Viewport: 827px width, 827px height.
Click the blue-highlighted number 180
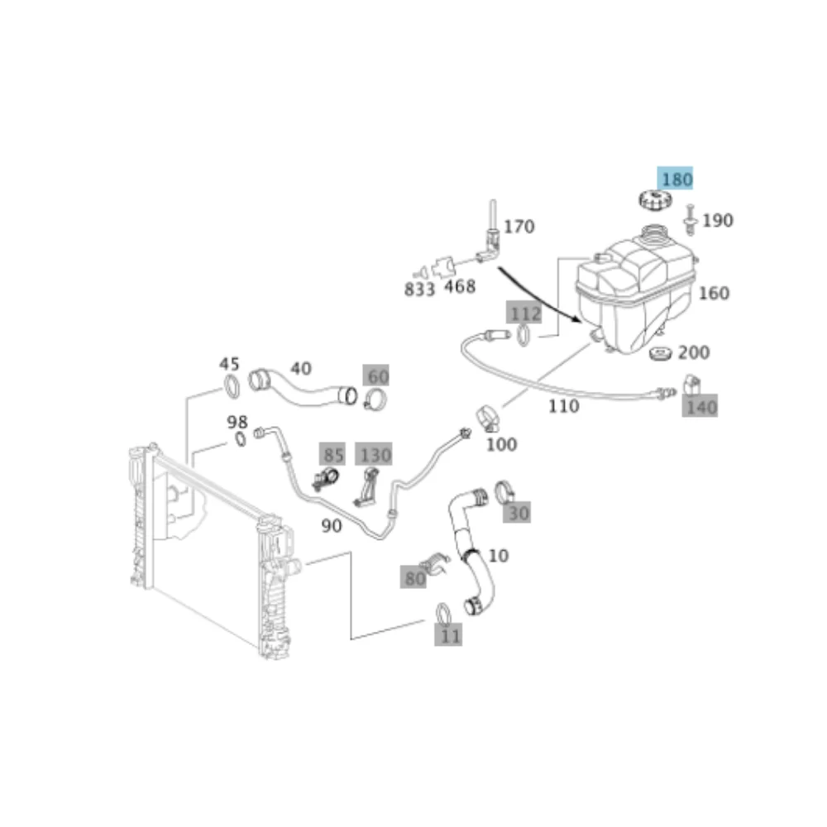click(675, 179)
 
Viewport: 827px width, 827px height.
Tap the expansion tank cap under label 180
click(655, 200)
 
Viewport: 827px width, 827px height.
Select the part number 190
click(717, 220)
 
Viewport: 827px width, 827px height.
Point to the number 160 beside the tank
click(714, 293)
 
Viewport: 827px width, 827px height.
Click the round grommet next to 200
click(661, 354)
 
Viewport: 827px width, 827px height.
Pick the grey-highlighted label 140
click(700, 406)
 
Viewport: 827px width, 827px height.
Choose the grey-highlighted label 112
click(523, 313)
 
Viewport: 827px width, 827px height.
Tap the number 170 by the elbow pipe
click(519, 227)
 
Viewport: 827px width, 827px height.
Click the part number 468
click(459, 286)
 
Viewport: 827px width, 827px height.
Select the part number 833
click(419, 289)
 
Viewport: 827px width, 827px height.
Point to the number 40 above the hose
click(301, 368)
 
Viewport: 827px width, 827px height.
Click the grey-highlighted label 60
click(376, 375)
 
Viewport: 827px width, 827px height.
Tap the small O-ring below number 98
click(240, 439)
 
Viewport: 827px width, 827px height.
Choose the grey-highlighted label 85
click(332, 454)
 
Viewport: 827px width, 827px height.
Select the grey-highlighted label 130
click(374, 454)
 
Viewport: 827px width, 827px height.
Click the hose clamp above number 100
click(489, 418)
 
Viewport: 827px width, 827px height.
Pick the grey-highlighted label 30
click(517, 512)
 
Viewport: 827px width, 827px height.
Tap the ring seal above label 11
click(443, 613)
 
